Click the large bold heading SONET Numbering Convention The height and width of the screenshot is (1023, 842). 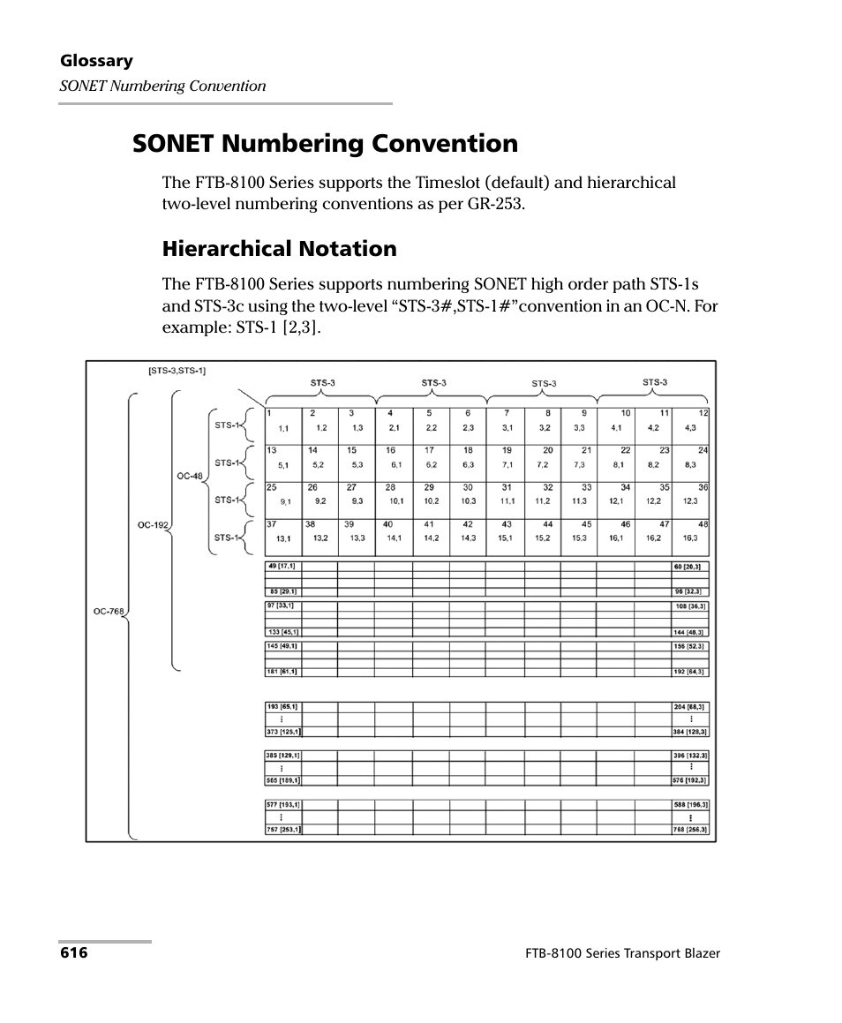click(325, 143)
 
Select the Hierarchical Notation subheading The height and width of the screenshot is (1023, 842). click(279, 249)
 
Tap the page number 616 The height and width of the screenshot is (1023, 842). click(73, 953)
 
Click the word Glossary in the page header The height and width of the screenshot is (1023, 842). click(96, 61)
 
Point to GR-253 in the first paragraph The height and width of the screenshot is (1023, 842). click(494, 204)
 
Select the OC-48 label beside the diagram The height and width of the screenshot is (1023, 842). click(190, 476)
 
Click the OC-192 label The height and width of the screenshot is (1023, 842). click(152, 524)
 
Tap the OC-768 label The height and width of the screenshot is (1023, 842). click(109, 610)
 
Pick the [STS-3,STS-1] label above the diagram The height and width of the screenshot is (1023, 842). click(177, 371)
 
